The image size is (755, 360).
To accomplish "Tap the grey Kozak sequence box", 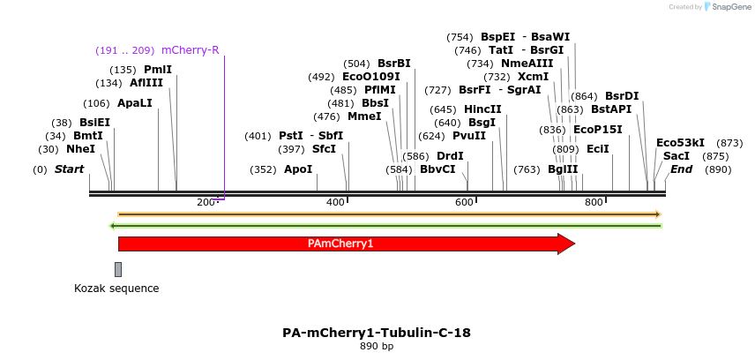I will [118, 269].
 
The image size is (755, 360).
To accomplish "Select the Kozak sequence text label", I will [116, 289].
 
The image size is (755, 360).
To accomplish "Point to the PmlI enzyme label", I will [158, 70].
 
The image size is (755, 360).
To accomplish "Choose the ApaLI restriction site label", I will [135, 103].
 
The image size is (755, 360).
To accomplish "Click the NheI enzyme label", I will [80, 149].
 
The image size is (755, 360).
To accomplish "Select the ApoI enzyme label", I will [298, 169].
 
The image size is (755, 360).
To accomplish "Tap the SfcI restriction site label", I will [324, 149].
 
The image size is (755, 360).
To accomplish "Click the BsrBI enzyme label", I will [394, 64].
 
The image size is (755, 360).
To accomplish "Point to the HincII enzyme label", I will [482, 109].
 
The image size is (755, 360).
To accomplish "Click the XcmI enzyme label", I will [533, 77].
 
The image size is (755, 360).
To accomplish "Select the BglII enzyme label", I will [563, 169].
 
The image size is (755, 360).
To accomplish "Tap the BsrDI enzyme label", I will [622, 96].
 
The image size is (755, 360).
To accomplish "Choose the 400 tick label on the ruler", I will [335, 203].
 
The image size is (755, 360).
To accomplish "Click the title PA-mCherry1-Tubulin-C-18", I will [377, 333].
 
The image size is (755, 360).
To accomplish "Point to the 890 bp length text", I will [377, 346].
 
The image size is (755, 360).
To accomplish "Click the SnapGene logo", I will [727, 7].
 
